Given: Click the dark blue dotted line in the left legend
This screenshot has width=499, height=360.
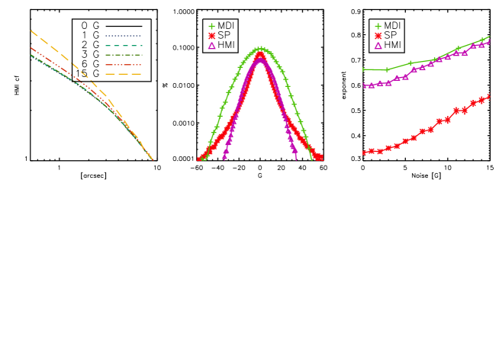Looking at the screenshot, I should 123,36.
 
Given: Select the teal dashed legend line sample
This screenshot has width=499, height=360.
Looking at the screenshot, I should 123,46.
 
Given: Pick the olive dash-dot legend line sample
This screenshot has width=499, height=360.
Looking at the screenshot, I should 123,55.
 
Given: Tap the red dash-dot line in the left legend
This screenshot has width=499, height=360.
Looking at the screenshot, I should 123,65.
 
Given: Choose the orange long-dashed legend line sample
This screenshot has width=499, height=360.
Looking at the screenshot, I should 123,74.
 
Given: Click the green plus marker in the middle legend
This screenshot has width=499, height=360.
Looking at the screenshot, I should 211,27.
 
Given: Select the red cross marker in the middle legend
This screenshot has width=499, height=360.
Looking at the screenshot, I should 211,36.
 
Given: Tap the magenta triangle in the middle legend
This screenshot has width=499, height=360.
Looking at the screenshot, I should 211,46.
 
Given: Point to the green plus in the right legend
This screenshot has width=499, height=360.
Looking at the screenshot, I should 378,27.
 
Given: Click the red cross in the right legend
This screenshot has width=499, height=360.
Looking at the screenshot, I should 378,36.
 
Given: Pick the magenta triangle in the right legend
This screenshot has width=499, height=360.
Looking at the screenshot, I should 378,46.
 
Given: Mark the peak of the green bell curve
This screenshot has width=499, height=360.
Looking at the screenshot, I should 260,49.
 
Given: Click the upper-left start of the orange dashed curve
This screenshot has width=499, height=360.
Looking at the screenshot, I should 31,31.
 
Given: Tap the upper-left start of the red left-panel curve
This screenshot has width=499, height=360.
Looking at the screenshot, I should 31,48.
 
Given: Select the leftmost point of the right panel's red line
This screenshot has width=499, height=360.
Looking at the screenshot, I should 363,153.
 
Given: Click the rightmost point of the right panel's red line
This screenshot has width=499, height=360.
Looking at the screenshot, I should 489,96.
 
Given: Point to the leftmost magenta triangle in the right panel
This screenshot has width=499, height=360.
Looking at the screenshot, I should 365,85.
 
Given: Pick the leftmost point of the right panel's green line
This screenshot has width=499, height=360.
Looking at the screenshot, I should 363,69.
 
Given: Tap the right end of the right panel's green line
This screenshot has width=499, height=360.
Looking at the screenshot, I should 489,37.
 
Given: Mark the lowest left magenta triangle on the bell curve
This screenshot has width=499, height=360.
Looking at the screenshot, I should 224,156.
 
